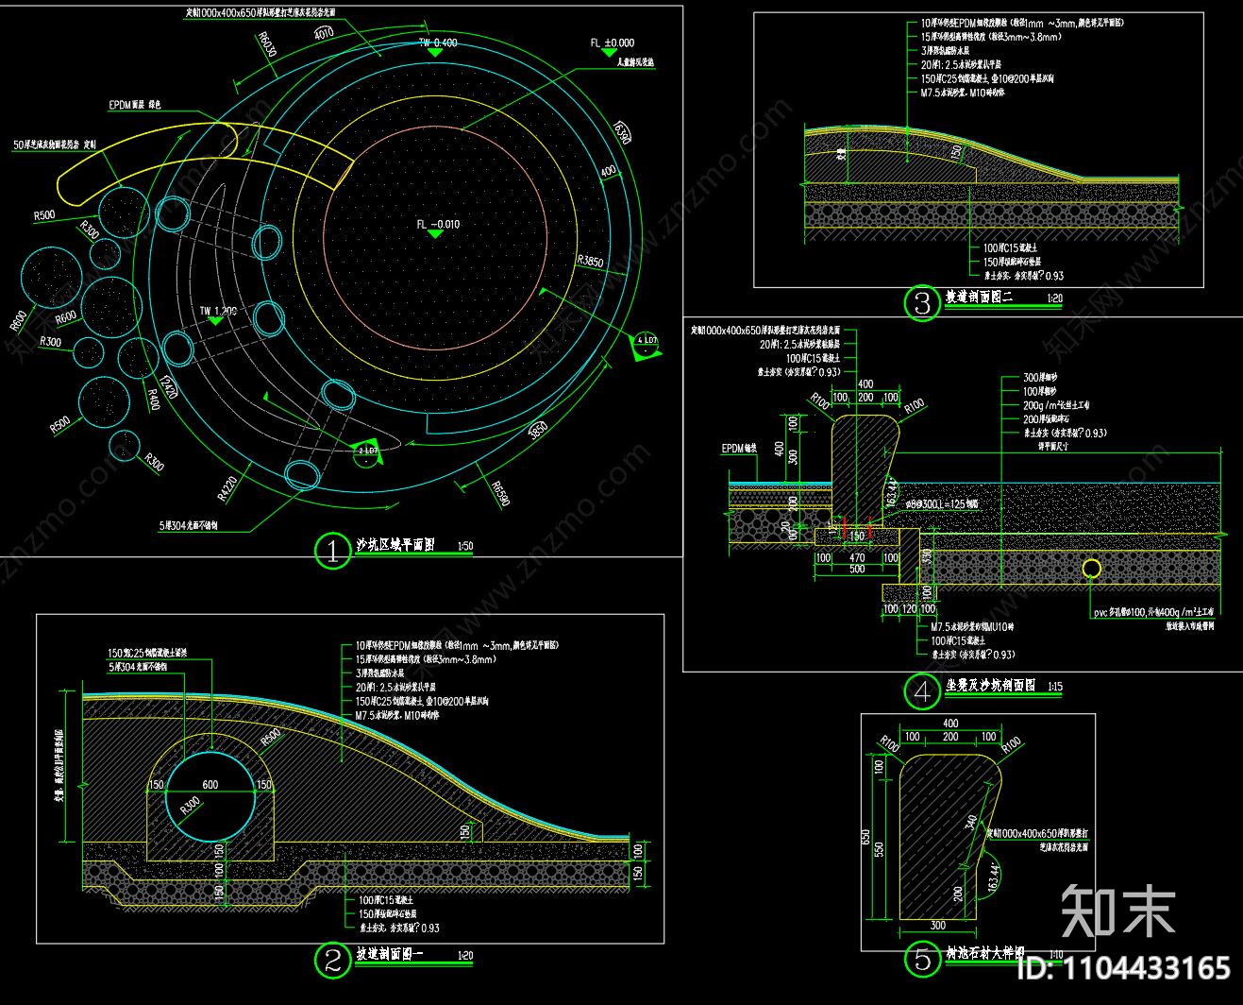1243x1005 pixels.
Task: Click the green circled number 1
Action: point(332,550)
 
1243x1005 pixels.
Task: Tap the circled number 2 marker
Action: point(332,960)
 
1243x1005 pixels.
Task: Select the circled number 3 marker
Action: point(922,302)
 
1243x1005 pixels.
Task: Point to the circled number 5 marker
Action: point(922,960)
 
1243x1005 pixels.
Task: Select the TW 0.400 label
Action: point(438,43)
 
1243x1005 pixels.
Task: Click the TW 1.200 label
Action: point(217,311)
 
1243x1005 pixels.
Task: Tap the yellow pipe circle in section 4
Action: point(1091,569)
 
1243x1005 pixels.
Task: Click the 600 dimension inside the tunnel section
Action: point(209,784)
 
